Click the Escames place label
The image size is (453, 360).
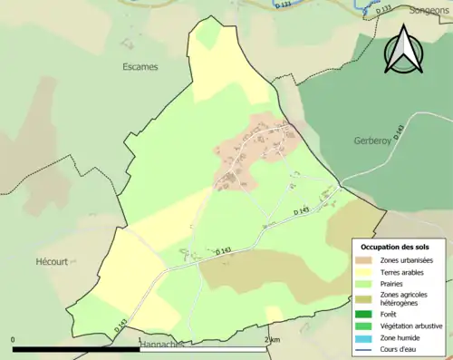140,66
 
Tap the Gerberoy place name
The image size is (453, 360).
371,142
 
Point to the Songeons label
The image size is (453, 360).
429,11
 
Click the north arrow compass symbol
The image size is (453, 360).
405,50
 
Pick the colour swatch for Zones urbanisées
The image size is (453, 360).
364,260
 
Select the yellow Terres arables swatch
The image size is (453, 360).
364,271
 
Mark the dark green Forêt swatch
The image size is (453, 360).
364,315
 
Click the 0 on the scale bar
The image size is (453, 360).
14,340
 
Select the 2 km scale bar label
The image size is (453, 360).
272,340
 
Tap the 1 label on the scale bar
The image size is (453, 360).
139,340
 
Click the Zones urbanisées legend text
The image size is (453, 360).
407,260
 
